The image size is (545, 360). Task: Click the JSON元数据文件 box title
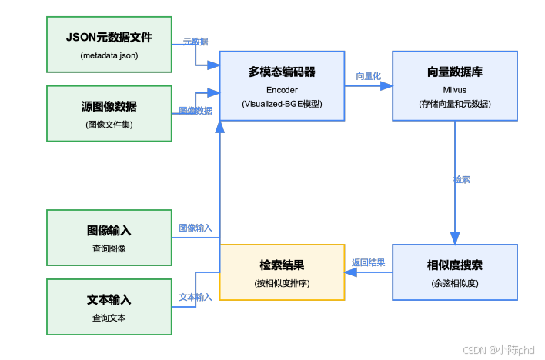click(109, 38)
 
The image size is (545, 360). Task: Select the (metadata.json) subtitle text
click(109, 55)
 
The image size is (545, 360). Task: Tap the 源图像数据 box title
click(109, 106)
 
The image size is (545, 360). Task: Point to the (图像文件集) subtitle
click(109, 124)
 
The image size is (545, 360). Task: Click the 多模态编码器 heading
click(282, 72)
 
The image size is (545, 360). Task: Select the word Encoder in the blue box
click(282, 88)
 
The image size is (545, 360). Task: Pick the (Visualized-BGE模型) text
click(282, 104)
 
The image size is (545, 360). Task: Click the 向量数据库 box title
click(455, 72)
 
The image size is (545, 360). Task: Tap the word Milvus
click(455, 88)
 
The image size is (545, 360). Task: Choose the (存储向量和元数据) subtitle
click(455, 104)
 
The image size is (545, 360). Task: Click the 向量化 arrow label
click(368, 76)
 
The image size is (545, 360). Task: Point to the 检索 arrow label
click(462, 179)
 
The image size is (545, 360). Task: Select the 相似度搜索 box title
click(455, 265)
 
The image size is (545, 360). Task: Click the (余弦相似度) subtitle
click(455, 283)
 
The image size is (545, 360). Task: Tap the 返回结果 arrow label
click(368, 262)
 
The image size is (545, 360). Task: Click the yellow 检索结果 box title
click(282, 265)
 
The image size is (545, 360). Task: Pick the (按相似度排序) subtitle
click(282, 283)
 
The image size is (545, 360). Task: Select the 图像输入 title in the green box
click(109, 231)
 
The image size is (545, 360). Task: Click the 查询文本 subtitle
click(109, 317)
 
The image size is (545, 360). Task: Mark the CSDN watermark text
click(500, 349)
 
